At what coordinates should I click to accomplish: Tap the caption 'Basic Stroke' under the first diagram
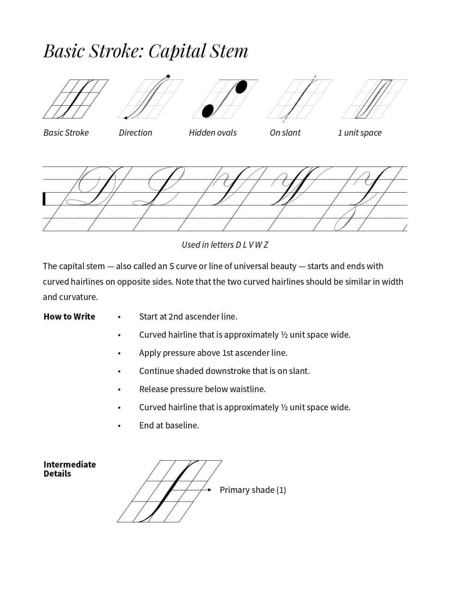66,133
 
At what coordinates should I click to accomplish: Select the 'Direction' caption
135,133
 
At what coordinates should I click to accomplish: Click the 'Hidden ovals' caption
212,133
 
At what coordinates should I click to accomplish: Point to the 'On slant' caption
285,133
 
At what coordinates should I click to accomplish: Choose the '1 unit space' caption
359,133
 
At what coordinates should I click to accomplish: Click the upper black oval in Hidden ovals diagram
241,87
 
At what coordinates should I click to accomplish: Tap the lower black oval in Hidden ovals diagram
208,111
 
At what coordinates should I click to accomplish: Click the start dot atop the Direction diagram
168,77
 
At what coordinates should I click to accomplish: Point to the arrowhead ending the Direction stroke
125,118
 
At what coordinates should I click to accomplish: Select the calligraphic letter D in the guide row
96,186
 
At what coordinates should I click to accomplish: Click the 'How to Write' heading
69,317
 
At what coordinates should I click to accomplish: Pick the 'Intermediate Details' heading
69,469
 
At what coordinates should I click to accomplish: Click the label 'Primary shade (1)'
253,490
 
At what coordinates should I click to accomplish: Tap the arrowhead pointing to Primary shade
210,490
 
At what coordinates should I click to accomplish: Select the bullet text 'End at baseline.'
169,425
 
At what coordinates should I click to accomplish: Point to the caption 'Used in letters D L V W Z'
225,245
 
